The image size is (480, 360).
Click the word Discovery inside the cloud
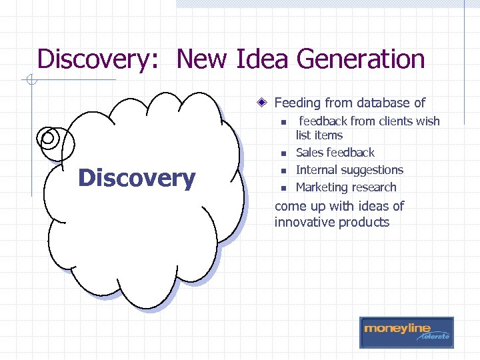tap(136, 178)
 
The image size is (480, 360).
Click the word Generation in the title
tap(361, 59)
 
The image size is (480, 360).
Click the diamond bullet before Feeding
tap(264, 103)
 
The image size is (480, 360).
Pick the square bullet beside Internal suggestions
tap(283, 171)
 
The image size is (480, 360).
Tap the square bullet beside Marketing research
tap(283, 189)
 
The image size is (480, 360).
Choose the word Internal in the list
tap(316, 170)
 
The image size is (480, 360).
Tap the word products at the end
tap(364, 222)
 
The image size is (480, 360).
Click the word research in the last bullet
tap(375, 187)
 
